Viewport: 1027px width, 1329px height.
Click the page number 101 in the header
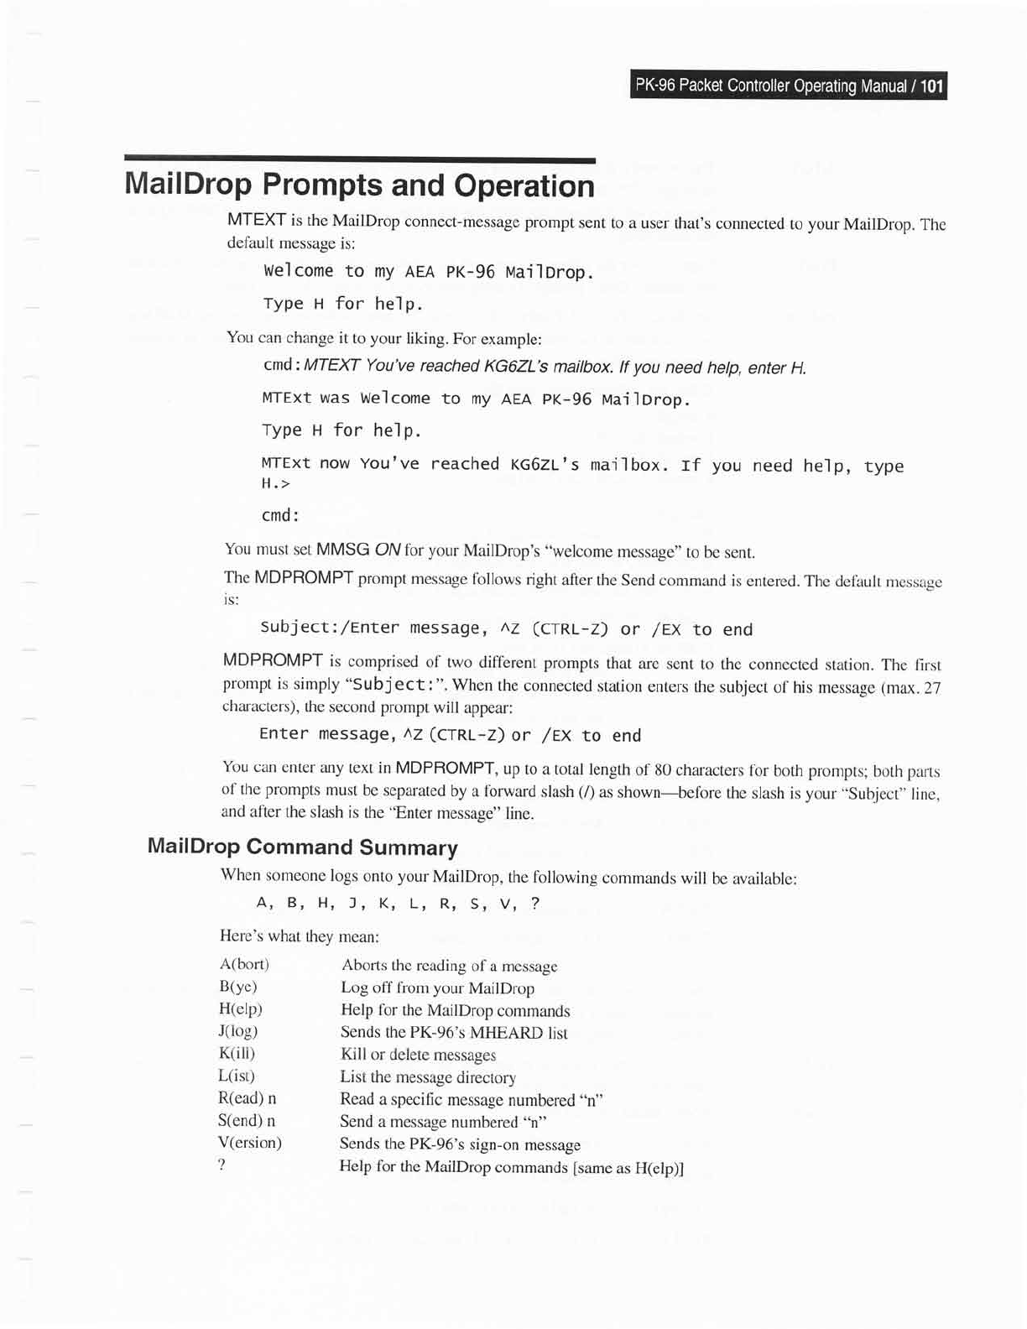tap(931, 86)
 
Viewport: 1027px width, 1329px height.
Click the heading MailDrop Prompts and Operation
tap(359, 185)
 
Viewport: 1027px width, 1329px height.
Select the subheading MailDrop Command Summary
tap(302, 847)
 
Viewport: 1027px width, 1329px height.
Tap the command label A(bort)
tap(244, 965)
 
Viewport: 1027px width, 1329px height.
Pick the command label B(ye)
tap(238, 987)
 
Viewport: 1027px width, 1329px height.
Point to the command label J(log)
tap(238, 1031)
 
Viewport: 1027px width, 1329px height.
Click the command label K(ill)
tap(237, 1053)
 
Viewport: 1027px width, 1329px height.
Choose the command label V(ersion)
tap(249, 1142)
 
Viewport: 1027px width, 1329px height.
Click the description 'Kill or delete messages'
tap(418, 1055)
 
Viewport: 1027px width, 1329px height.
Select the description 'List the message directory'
tap(427, 1077)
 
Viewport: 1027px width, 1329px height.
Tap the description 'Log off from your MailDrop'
tap(437, 988)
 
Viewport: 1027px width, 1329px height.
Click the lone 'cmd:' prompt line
tap(281, 515)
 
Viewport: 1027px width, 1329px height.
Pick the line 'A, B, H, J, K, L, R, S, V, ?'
tap(398, 904)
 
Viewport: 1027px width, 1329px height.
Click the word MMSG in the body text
tap(342, 550)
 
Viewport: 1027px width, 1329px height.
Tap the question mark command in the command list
tap(222, 1165)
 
